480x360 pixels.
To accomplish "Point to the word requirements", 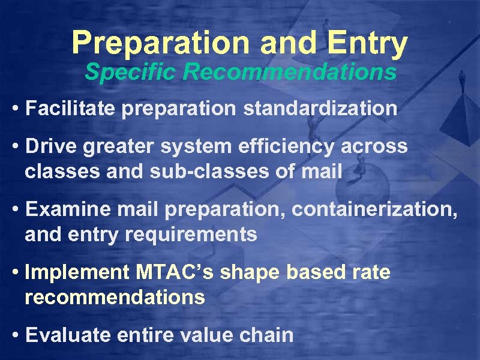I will (197, 235).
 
